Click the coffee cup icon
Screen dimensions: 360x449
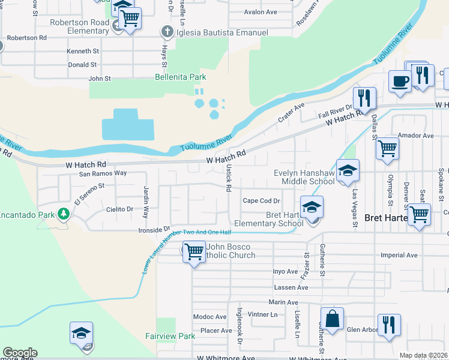pos(400,81)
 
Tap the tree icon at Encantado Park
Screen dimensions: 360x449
pos(62,214)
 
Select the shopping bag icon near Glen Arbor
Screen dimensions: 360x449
pos(332,319)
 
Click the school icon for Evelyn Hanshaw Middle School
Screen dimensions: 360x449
pos(347,171)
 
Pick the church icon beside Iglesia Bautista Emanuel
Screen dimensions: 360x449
pos(167,32)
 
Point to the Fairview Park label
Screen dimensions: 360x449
pos(170,336)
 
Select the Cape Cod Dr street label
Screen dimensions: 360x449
pos(261,201)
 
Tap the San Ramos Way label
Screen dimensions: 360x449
pos(103,173)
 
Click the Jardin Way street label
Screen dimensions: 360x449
pos(146,199)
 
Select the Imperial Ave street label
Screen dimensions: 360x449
pos(399,255)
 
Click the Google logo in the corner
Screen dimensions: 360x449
pos(20,353)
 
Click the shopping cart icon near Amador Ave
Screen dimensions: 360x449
pos(387,148)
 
